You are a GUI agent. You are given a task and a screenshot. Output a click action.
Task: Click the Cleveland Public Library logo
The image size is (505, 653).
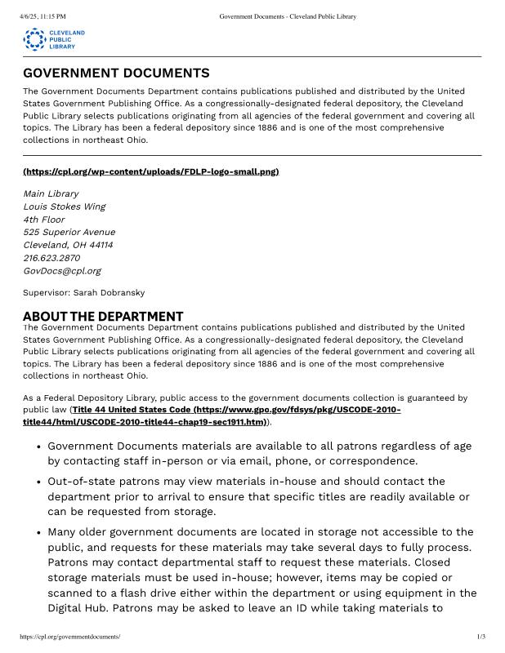(x=54, y=38)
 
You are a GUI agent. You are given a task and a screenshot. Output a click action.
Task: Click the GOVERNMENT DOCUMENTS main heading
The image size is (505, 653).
(x=116, y=73)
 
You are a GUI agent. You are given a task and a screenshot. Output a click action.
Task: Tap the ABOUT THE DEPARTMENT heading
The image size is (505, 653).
(x=103, y=317)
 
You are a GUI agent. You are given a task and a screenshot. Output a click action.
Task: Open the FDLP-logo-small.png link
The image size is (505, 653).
(x=151, y=171)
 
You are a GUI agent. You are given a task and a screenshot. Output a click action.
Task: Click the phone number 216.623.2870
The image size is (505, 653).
(x=51, y=258)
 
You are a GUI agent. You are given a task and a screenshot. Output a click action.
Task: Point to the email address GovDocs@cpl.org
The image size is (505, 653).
(x=62, y=271)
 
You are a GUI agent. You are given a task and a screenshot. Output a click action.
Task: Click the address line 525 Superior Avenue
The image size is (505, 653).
(x=69, y=233)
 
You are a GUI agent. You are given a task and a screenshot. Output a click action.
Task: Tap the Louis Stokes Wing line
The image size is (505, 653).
(x=65, y=207)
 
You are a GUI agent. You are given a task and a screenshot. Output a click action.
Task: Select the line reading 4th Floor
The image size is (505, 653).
(x=43, y=220)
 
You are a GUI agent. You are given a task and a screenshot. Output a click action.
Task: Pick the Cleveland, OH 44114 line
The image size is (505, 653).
(x=68, y=245)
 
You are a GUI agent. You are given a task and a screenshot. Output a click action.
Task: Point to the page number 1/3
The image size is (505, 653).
(x=481, y=636)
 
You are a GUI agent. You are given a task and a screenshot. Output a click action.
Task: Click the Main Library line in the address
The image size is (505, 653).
(x=51, y=194)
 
